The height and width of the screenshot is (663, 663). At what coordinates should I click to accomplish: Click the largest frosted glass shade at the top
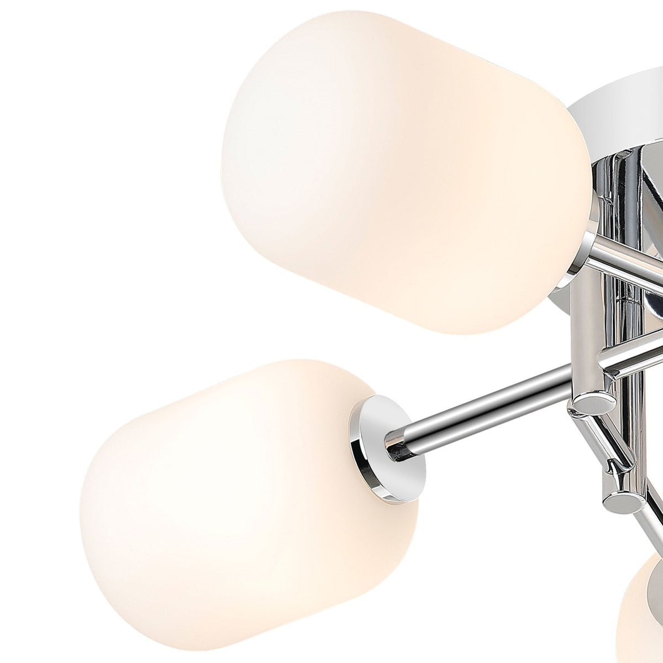pyautogui.click(x=403, y=171)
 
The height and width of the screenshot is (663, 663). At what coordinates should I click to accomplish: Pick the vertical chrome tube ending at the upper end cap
pyautogui.click(x=591, y=343)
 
